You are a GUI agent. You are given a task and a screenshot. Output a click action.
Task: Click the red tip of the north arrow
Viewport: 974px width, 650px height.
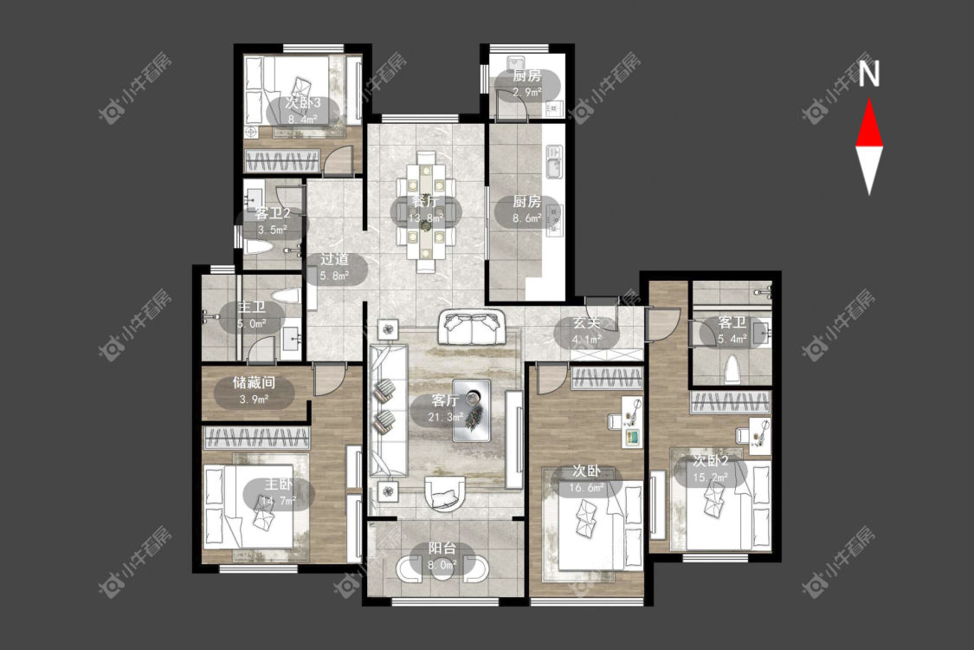tap(869, 100)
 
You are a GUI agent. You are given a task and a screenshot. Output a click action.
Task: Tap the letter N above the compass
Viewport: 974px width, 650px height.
tap(869, 74)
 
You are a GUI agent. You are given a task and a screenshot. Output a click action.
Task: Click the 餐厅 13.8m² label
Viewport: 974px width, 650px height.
tap(426, 210)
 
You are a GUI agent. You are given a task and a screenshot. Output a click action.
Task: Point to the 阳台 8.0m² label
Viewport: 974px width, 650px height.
tap(442, 556)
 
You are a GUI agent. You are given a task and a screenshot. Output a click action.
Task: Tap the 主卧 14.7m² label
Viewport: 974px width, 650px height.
tap(278, 492)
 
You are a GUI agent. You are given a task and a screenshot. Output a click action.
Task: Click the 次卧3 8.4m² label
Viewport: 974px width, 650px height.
tap(302, 111)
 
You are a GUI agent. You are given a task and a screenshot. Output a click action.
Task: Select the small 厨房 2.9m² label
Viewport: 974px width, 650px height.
tap(526, 84)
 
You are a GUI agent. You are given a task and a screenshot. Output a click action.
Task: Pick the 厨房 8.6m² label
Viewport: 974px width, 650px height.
tap(526, 210)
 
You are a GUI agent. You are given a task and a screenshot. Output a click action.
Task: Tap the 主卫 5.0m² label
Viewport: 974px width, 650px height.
tap(252, 315)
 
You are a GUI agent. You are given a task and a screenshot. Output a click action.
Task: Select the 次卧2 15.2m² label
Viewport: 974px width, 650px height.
tap(711, 470)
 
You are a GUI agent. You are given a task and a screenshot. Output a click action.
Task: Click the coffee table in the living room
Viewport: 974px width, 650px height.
tap(472, 411)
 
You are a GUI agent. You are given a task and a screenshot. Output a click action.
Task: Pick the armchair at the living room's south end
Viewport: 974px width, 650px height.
tap(445, 494)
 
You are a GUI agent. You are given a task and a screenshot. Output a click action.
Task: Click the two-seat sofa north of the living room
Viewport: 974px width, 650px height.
tap(472, 328)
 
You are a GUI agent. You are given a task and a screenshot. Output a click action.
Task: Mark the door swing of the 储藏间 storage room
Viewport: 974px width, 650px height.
tap(326, 380)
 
